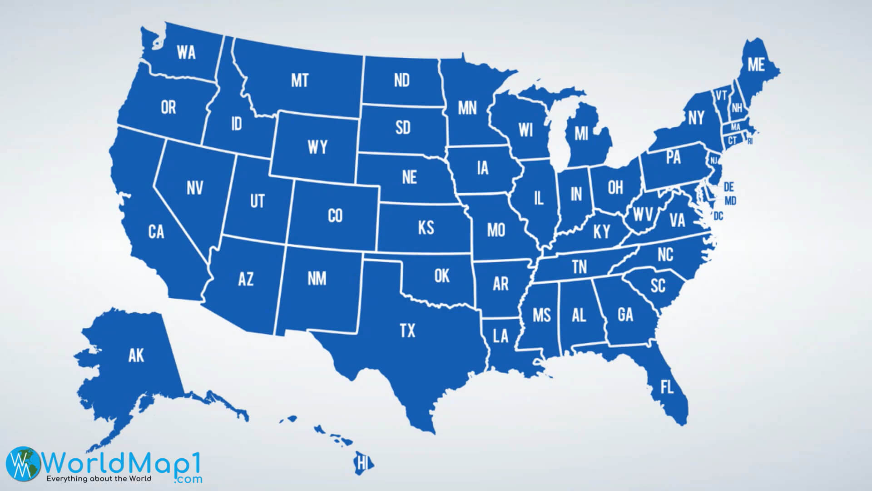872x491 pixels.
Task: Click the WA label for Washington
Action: (186, 52)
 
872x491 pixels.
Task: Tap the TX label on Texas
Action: (407, 331)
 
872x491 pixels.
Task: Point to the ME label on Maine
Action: (756, 65)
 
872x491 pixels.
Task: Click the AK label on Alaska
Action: (136, 356)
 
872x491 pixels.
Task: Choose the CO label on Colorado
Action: (335, 215)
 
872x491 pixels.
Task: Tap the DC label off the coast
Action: (718, 216)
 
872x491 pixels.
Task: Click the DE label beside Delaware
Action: (728, 187)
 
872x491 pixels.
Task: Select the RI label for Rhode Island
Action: (750, 141)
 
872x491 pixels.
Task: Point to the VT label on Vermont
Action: (721, 95)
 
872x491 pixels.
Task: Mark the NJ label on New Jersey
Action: (714, 160)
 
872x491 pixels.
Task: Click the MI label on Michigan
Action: (581, 134)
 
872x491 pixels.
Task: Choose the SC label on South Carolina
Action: (658, 286)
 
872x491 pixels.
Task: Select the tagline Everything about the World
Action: (99, 478)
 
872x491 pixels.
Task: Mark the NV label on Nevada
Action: (194, 188)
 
